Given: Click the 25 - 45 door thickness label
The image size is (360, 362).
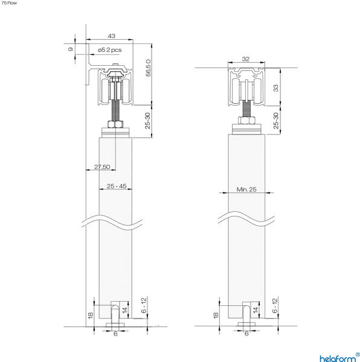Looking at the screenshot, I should click(116, 186).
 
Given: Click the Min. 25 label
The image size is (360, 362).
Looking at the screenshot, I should click(246, 189).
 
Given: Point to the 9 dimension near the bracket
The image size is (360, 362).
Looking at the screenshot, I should click(70, 49).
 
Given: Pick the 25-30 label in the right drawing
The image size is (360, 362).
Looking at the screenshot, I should click(276, 122).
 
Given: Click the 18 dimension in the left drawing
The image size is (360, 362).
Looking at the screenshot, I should click(90, 315).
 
